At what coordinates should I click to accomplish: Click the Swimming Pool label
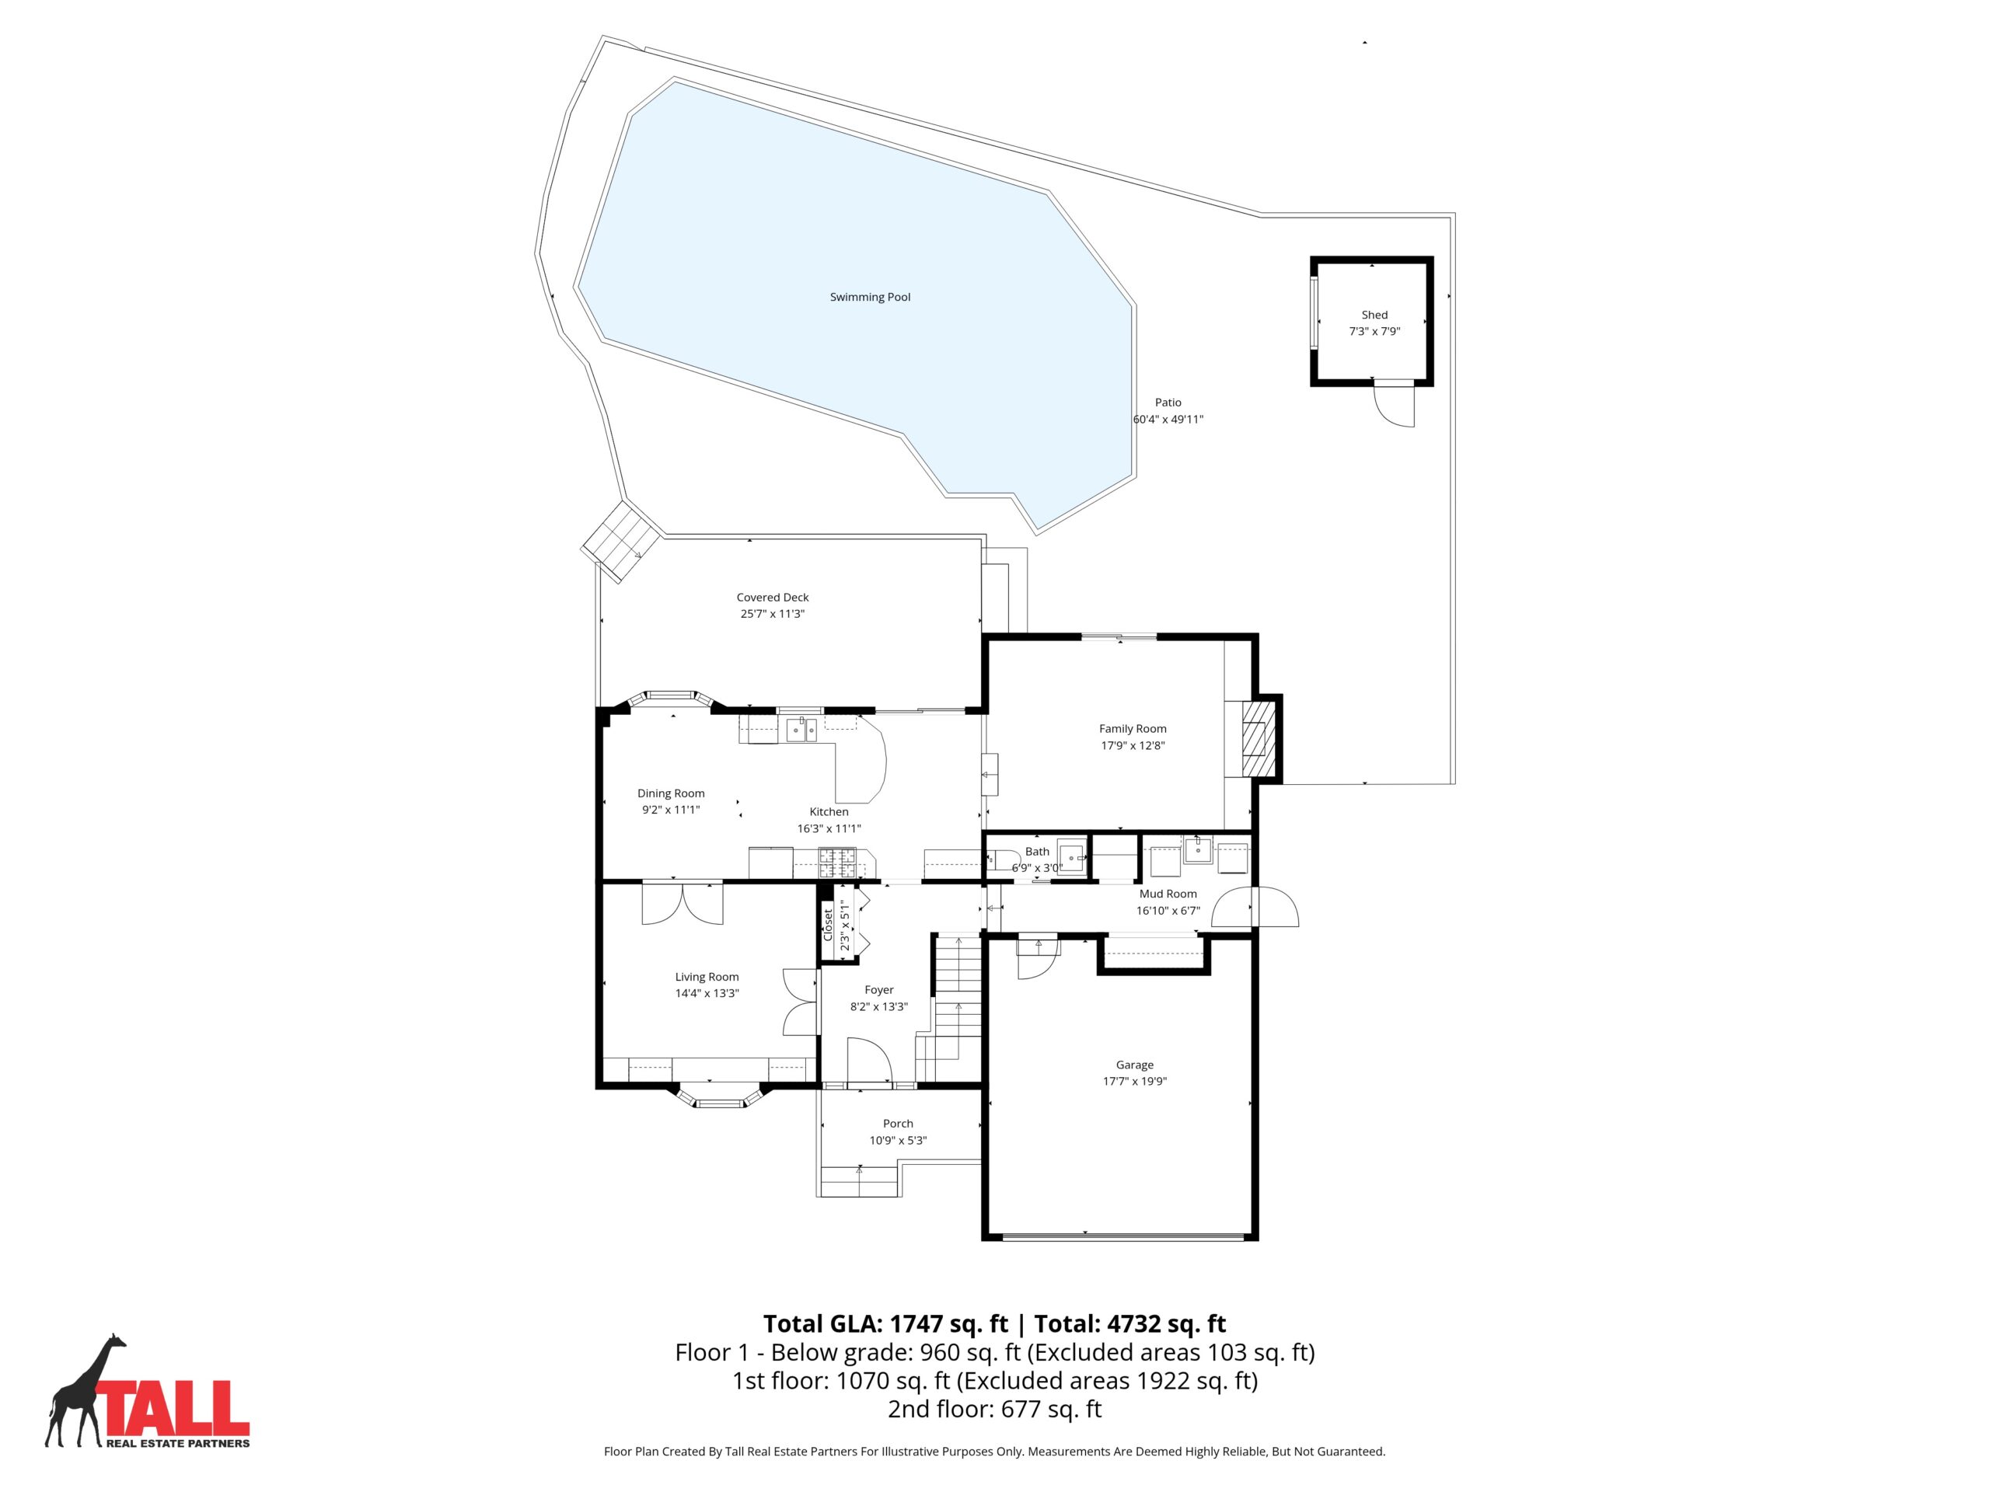click(x=870, y=297)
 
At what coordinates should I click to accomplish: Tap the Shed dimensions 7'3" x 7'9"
click(x=1374, y=331)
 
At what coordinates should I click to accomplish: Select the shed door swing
click(x=1395, y=406)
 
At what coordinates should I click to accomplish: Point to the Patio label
click(x=1168, y=402)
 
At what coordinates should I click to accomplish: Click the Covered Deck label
click(x=772, y=597)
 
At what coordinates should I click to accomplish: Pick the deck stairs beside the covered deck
click(x=623, y=542)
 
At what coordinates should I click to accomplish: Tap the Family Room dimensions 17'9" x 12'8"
click(x=1133, y=745)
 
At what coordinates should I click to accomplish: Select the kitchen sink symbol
click(x=802, y=730)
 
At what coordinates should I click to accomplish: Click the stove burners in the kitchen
click(x=836, y=863)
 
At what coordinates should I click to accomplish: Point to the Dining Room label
click(x=670, y=793)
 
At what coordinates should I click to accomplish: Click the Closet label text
click(x=829, y=926)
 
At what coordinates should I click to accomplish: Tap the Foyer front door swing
click(x=869, y=1062)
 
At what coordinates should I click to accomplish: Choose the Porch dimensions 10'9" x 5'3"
click(x=897, y=1140)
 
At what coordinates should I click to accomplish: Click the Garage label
click(x=1134, y=1065)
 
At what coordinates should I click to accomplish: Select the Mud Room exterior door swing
click(x=1255, y=907)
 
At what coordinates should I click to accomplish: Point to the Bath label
click(x=1036, y=852)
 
